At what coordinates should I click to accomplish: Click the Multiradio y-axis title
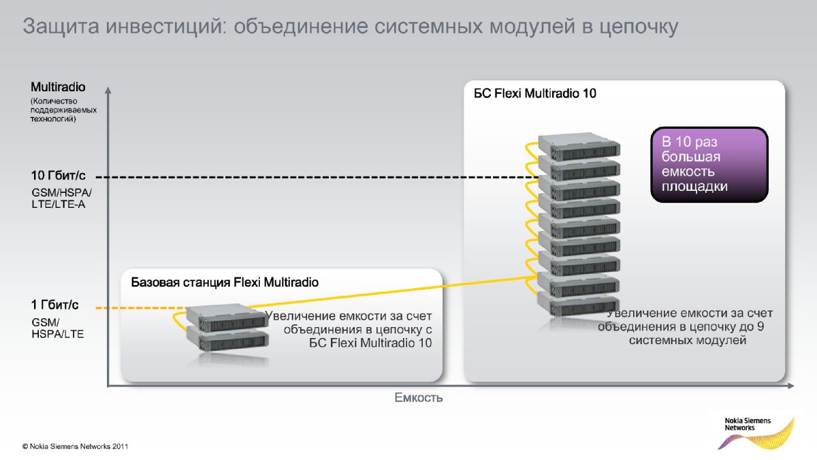pos(58,87)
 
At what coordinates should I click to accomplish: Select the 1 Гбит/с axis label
pos(55,305)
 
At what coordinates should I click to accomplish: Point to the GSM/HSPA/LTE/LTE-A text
pos(61,198)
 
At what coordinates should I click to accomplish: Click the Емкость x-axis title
pos(418,397)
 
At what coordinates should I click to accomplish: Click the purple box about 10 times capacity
pos(709,164)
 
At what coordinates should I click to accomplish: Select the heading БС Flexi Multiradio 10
pos(534,93)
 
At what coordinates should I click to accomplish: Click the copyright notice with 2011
pos(75,447)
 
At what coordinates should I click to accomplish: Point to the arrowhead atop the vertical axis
pos(108,89)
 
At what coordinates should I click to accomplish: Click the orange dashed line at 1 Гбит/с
pos(136,309)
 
